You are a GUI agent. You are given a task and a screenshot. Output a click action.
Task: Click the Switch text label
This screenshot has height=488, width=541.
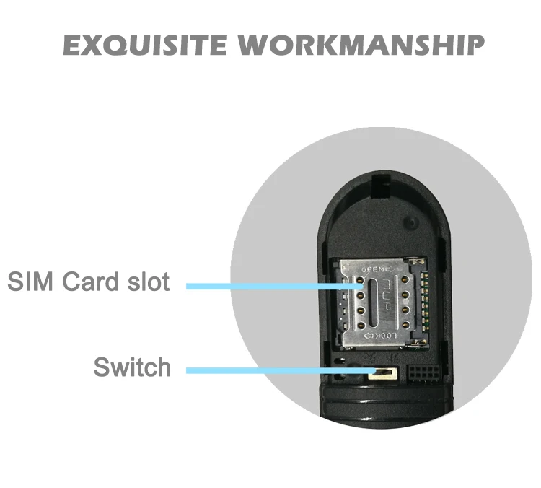point(132,367)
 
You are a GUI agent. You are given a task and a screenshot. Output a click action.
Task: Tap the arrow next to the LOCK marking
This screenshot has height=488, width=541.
point(368,336)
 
